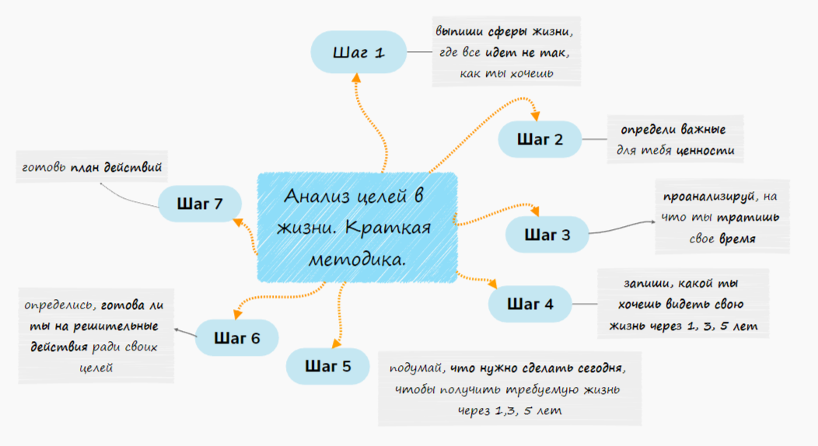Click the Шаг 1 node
pos(358,54)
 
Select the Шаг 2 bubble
pos(540,140)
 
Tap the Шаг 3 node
pos(547,234)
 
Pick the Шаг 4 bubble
pos(530,304)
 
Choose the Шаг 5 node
pos(327,366)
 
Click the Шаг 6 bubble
pos(236,338)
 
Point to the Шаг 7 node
pos(200,204)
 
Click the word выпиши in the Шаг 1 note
pos(457,33)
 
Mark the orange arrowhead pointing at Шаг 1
pos(357,77)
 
